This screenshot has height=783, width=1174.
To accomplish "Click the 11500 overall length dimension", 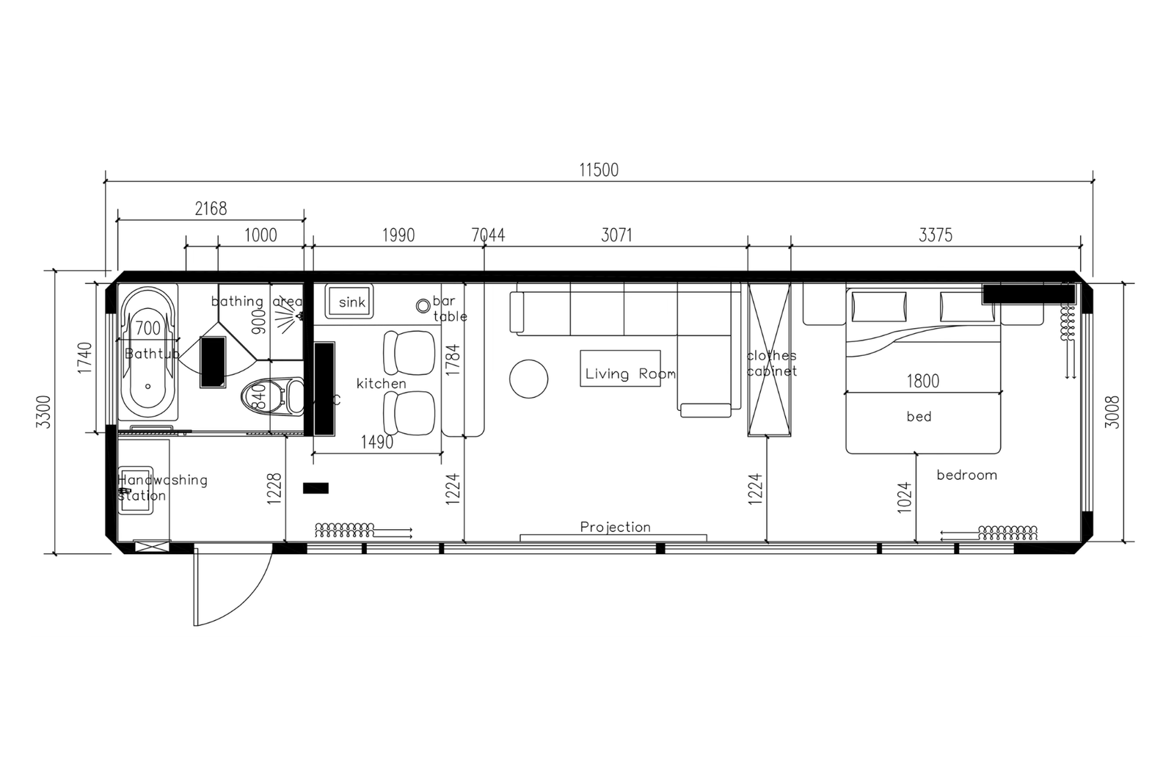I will click(599, 170).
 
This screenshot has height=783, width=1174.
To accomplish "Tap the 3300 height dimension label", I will click(44, 412).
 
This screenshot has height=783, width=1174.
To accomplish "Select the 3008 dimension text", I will click(1112, 412).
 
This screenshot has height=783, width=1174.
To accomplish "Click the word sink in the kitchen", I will click(351, 302).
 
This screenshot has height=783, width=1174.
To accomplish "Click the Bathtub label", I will click(152, 354).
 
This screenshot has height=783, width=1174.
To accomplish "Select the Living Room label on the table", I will click(630, 374).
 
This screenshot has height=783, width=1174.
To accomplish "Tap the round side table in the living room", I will click(528, 379).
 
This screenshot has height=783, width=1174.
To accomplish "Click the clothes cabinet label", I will click(771, 363).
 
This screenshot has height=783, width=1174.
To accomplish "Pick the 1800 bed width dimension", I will click(922, 381).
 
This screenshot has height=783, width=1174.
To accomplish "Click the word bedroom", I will click(966, 475).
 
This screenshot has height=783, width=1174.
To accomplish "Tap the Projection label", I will click(615, 527).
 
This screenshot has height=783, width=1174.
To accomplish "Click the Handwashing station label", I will click(162, 487).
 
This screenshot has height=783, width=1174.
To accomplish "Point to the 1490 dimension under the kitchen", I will click(376, 443).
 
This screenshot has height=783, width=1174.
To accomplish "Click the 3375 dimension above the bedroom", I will click(936, 235).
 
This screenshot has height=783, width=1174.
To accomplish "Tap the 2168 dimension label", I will click(211, 208).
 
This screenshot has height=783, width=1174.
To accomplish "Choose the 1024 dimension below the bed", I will click(904, 496).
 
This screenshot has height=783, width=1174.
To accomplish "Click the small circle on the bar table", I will click(423, 306).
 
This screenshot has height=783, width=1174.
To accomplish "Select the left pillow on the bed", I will click(878, 306).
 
